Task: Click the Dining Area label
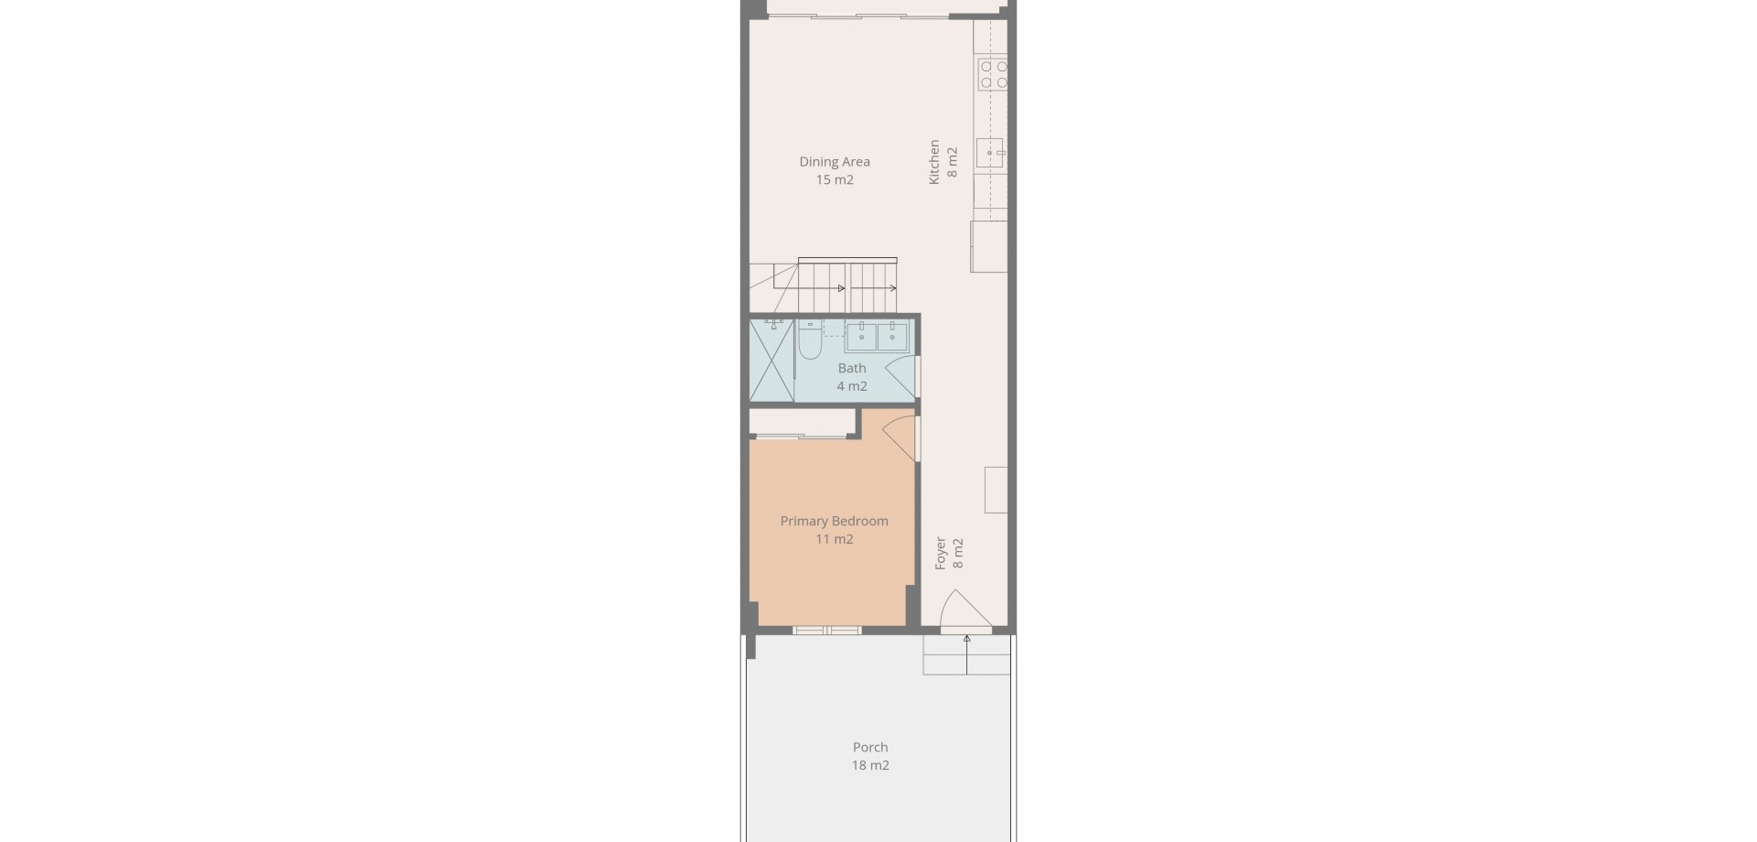835,162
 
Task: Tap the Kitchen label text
934,162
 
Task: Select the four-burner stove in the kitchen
993,74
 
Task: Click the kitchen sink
990,153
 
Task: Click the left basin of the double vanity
861,336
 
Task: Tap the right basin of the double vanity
892,336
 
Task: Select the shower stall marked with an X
771,360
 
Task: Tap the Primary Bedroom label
835,522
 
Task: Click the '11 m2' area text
835,539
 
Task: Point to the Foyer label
941,554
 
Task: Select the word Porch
870,748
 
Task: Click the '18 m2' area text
870,765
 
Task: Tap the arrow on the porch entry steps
967,654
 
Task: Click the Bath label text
852,368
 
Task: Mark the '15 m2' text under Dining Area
835,179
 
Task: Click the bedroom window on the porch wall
827,630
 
